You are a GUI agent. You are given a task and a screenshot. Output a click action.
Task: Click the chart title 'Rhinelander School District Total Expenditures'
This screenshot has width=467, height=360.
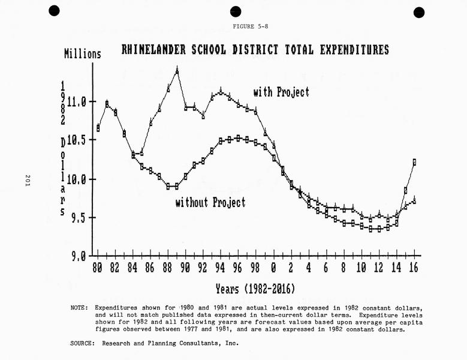[255, 50]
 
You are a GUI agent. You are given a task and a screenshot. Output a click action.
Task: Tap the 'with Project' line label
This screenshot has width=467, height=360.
[281, 92]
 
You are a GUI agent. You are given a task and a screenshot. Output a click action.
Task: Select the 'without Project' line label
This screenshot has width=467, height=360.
[210, 202]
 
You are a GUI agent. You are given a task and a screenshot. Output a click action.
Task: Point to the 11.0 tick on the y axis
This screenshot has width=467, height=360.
[79, 101]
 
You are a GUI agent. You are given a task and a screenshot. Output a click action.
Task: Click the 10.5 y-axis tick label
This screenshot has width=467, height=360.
[79, 140]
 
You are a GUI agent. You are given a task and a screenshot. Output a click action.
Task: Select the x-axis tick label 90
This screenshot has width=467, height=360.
[186, 268]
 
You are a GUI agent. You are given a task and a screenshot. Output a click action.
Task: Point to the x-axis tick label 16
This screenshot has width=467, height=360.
[414, 268]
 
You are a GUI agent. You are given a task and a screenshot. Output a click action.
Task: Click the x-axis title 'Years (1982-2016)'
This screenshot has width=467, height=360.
[255, 289]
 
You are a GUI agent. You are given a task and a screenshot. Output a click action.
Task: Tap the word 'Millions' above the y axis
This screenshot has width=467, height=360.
[83, 53]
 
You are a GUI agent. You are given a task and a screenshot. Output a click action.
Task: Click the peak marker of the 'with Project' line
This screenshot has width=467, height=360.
[177, 71]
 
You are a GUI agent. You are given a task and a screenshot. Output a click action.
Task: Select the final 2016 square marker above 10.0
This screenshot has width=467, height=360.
[414, 162]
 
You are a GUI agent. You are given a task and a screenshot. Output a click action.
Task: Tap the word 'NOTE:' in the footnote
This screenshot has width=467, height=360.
[79, 307]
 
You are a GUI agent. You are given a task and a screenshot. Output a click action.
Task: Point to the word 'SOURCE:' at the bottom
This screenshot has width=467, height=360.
[83, 343]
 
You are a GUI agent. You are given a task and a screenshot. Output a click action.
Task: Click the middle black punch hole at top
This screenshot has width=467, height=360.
[236, 11]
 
